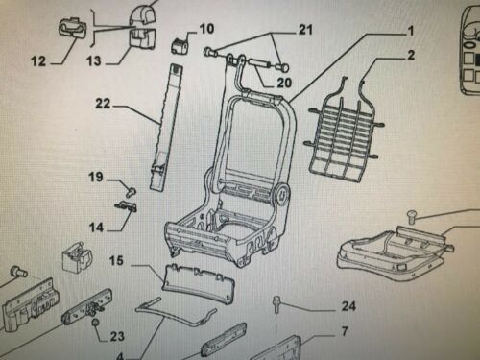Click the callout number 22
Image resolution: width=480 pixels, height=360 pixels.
[x=103, y=104]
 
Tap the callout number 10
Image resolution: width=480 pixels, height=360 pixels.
[x=206, y=29]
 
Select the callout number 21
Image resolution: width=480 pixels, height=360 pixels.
[x=305, y=30]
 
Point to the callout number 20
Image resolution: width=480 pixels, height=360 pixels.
[x=284, y=83]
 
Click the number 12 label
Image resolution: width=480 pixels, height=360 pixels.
[x=38, y=60]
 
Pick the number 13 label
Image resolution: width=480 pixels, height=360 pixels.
[x=94, y=60]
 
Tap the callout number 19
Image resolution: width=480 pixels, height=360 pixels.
[x=96, y=177]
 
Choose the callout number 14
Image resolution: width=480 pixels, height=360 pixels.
[x=97, y=228]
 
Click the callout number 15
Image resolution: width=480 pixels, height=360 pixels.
[x=116, y=260]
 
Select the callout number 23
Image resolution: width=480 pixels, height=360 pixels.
[x=117, y=336]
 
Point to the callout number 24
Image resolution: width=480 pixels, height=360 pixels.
[x=348, y=306]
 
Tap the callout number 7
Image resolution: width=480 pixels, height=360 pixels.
[x=345, y=331]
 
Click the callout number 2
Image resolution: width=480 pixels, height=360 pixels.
[x=411, y=55]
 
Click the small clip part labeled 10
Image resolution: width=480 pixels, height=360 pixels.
[x=180, y=45]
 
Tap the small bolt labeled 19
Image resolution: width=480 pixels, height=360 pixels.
[x=131, y=191]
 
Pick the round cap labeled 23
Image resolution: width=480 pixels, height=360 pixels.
[x=95, y=323]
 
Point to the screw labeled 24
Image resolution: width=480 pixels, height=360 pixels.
[x=276, y=304]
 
